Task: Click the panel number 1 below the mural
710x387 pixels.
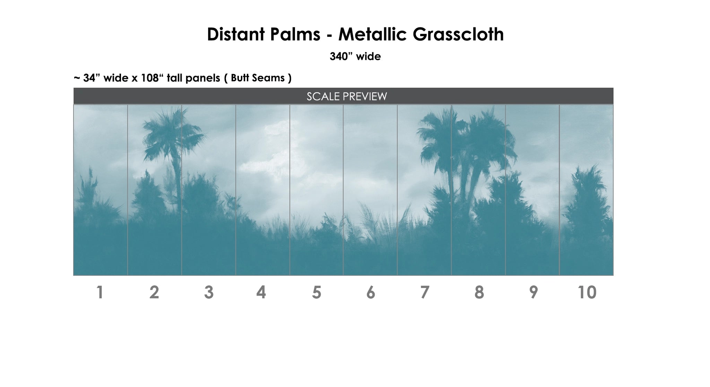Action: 100,292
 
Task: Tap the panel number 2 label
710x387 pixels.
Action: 154,292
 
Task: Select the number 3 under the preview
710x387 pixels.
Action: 209,292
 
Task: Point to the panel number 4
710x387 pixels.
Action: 261,292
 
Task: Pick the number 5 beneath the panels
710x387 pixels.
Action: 317,292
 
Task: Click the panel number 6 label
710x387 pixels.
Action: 371,292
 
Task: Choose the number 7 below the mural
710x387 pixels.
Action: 425,292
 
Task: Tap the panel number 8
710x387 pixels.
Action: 479,292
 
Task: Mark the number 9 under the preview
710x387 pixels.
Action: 534,292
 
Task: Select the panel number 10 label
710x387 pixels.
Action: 587,292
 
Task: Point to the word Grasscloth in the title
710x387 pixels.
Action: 458,34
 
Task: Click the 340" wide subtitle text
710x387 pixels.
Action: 355,56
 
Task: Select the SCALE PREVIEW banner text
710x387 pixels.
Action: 347,96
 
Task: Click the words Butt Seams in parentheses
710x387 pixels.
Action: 258,78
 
